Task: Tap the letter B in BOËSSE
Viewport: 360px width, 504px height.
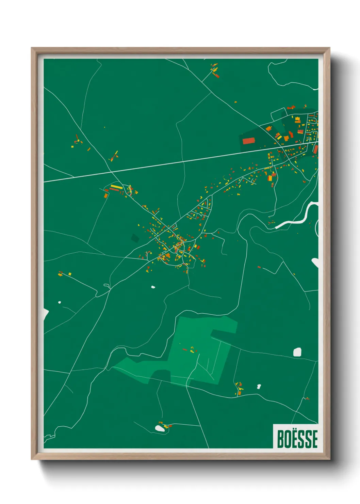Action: pyautogui.click(x=281, y=439)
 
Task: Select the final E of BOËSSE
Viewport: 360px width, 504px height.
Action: pyautogui.click(x=314, y=439)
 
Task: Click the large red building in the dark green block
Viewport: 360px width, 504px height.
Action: pyautogui.click(x=248, y=141)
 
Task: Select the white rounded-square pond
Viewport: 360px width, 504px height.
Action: pyautogui.click(x=297, y=352)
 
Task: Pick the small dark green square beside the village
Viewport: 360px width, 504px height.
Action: pyautogui.click(x=135, y=238)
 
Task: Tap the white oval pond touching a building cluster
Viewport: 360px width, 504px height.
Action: pyautogui.click(x=160, y=428)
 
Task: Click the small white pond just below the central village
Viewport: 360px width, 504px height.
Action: pyautogui.click(x=153, y=287)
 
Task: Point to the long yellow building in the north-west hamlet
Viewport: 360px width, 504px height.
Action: pyautogui.click(x=116, y=187)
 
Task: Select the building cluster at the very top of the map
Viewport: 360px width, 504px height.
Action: pyautogui.click(x=215, y=70)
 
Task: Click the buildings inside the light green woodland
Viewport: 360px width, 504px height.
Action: pyautogui.click(x=192, y=350)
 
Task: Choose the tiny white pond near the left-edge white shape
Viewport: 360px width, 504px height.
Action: pyautogui.click(x=60, y=302)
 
